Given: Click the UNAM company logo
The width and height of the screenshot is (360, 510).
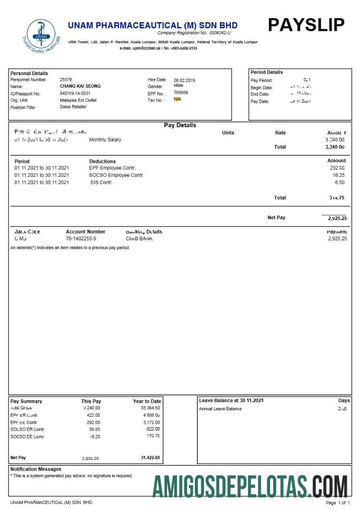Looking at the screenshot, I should point(41,36).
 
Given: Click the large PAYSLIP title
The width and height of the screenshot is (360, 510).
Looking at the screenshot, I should point(306,25).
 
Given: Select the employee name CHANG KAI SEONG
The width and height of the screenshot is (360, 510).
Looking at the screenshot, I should point(80,86).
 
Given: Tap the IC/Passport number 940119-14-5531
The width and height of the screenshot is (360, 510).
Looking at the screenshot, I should point(75,93).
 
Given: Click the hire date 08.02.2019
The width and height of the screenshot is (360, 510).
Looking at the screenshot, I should point(185,80).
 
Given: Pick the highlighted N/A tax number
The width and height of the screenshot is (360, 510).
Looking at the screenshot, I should point(178,99).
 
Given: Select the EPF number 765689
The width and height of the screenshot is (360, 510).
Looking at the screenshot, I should point(181,92).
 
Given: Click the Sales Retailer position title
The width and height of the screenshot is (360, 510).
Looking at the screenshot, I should point(73,106).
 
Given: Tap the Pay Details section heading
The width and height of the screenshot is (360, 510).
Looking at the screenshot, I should point(180,125).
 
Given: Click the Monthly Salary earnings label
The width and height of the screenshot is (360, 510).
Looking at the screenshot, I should point(105,140).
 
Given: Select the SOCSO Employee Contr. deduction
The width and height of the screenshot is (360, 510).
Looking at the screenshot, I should point(116,175).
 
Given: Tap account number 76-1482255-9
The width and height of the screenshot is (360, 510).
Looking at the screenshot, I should point(81,238).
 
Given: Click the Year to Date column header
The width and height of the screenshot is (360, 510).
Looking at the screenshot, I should point(147,401).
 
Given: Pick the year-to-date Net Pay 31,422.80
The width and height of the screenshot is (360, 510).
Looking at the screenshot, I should point(150,458).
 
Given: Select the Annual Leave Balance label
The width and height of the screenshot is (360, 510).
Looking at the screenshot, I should point(220,409).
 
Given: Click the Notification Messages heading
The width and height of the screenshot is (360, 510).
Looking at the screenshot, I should point(36,469).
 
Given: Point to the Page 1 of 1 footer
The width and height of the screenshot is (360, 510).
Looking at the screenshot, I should point(338,503).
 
